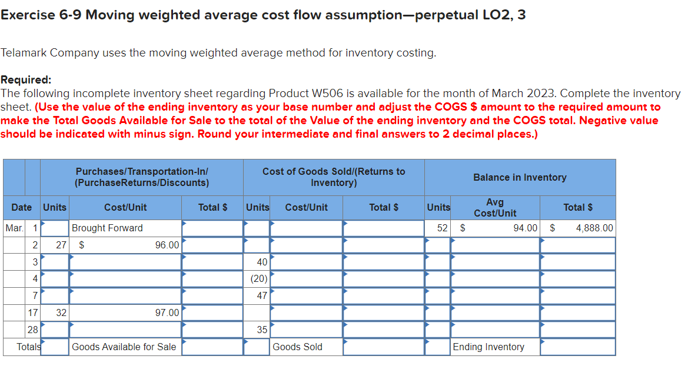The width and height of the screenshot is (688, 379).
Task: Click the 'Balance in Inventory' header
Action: click(520, 177)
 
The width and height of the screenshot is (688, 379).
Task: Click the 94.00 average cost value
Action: click(525, 228)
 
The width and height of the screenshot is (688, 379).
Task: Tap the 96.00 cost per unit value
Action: click(167, 245)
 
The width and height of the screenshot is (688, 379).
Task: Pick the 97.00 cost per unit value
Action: click(167, 312)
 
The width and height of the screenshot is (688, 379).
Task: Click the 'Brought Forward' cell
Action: click(107, 228)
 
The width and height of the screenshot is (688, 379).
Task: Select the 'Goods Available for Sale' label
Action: click(124, 347)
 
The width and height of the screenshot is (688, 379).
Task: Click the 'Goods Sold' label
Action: click(297, 347)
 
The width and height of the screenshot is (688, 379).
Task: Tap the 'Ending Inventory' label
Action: click(488, 347)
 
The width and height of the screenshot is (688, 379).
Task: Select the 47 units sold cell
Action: click(262, 295)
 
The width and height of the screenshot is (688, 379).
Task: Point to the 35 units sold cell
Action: click(262, 330)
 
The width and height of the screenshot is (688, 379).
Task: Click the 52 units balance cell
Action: click(443, 228)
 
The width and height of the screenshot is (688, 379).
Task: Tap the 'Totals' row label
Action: click(29, 347)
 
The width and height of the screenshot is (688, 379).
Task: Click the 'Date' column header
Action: click(22, 207)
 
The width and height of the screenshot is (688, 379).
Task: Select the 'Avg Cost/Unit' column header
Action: click(495, 207)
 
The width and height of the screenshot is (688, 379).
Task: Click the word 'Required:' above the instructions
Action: click(26, 80)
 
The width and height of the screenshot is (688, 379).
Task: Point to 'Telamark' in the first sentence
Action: click(24, 52)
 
